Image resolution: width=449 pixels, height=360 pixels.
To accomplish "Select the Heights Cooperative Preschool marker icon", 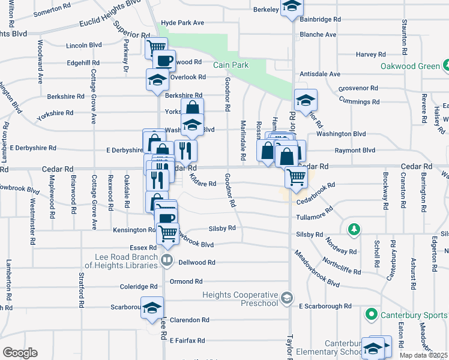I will [287, 298].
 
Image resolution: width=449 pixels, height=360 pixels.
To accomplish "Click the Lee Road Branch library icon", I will [167, 260].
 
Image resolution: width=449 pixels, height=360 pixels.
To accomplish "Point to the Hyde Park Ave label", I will [183, 23].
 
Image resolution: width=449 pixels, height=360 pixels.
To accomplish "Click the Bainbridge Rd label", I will [320, 20].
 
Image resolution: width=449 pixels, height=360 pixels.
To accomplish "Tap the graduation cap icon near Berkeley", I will [292, 7].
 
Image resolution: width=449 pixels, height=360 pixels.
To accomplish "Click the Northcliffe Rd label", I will [342, 266].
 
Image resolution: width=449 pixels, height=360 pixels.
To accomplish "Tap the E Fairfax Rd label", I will [187, 340].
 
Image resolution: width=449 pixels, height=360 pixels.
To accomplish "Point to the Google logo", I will [20, 353].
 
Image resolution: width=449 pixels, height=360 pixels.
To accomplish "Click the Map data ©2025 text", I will [423, 355].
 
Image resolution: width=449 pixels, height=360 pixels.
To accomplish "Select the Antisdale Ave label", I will [321, 74].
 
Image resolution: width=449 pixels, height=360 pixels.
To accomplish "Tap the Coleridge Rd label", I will [139, 287].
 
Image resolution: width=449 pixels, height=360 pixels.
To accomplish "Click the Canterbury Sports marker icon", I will [372, 314].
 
